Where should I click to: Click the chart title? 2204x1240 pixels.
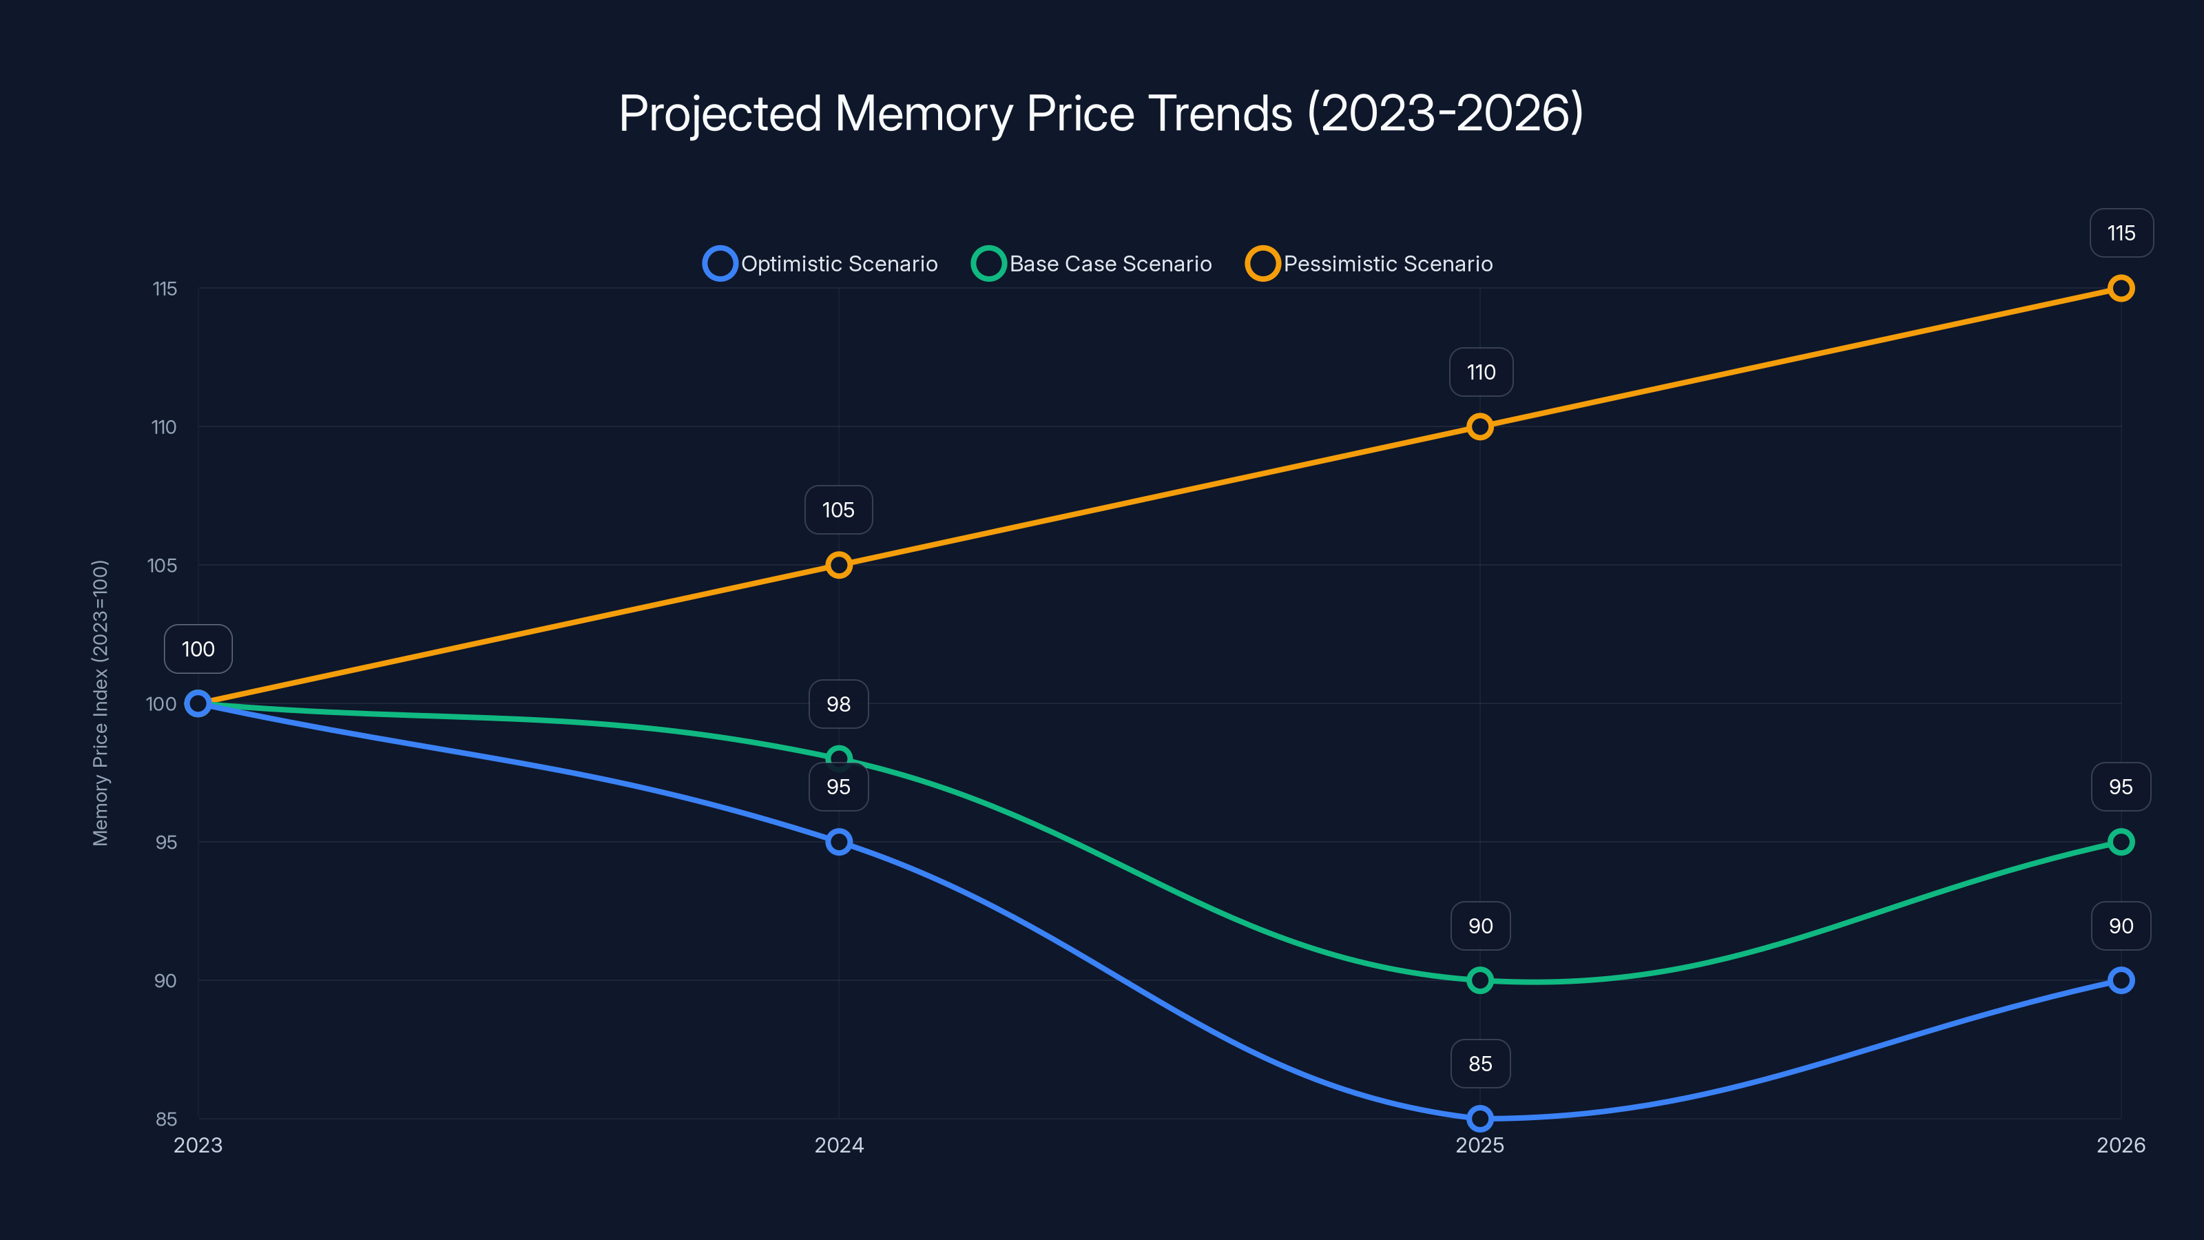point(1101,113)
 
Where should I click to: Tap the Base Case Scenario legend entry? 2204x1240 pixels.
point(1092,264)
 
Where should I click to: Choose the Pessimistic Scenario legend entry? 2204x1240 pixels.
point(1370,264)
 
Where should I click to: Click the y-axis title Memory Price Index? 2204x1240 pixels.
point(100,703)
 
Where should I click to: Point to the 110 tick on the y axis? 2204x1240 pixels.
point(165,427)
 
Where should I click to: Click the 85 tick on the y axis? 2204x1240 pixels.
point(166,1119)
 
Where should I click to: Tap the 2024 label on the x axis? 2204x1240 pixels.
point(838,1145)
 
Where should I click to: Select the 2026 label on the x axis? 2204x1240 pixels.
point(2120,1145)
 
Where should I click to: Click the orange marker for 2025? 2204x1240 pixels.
point(1479,426)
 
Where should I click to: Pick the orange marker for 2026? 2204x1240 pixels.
point(2120,289)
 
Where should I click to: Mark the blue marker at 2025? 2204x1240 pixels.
point(1479,1117)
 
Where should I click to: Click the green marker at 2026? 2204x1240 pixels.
point(2120,841)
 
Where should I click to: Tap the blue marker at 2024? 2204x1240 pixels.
point(838,841)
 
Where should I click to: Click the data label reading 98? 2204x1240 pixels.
point(838,703)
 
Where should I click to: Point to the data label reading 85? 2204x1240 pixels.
point(1480,1063)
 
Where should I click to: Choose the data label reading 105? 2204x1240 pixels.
point(838,510)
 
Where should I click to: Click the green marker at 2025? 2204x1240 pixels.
point(1479,980)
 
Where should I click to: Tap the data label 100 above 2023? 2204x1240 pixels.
point(198,649)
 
